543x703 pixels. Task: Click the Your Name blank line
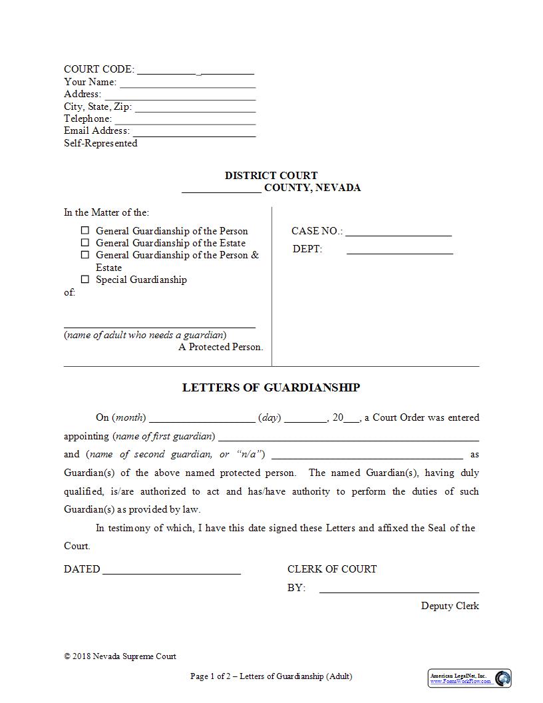click(x=188, y=86)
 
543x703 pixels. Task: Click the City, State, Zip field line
click(x=195, y=111)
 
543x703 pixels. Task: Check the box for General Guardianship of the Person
click(x=85, y=231)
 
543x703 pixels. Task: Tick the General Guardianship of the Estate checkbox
click(x=85, y=243)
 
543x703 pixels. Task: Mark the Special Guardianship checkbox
click(x=85, y=280)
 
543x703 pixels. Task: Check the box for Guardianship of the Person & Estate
click(x=85, y=255)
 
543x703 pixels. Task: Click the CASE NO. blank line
click(x=398, y=235)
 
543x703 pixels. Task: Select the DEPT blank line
click(x=399, y=253)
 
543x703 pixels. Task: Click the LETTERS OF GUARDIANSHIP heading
click(x=271, y=387)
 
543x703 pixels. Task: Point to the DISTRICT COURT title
click(x=271, y=176)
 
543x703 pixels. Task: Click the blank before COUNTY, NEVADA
click(x=222, y=191)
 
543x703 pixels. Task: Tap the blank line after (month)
click(x=202, y=421)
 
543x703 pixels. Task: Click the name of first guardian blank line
click(x=349, y=440)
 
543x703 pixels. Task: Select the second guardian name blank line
click(x=367, y=458)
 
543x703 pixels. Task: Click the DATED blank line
click(x=172, y=573)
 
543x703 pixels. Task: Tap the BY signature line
click(x=399, y=591)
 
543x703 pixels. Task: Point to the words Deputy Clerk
click(x=450, y=606)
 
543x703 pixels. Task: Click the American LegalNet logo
click(x=469, y=678)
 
